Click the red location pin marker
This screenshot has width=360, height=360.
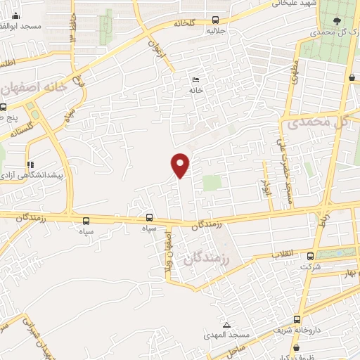(181, 165)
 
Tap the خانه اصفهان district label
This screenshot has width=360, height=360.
(34, 88)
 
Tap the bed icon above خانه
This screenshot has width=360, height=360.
(196, 79)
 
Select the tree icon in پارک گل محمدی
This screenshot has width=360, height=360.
(334, 22)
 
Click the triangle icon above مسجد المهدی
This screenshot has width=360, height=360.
(226, 324)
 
